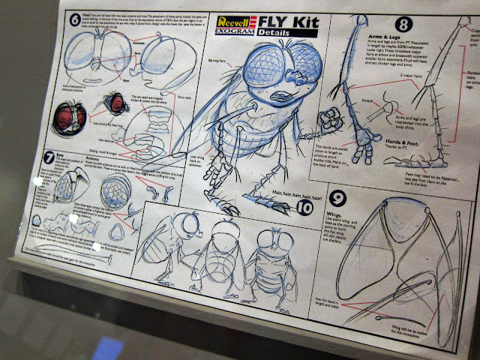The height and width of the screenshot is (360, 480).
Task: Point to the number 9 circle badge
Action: tap(337, 197)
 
